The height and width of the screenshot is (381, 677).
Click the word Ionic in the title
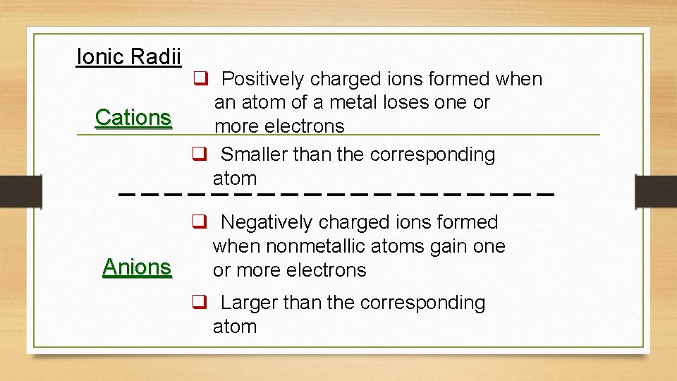(97, 56)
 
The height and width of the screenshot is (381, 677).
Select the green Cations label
(133, 117)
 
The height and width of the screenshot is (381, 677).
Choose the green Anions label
(137, 267)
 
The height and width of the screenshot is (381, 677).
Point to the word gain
(451, 246)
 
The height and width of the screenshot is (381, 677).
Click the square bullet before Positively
(199, 79)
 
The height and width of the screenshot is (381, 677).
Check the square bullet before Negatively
(199, 222)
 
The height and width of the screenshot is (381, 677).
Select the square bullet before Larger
(199, 303)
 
